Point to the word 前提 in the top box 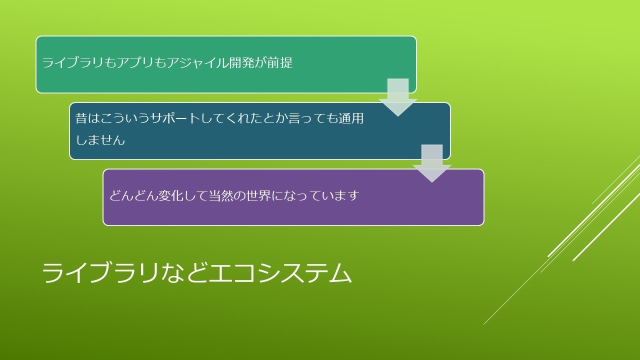(280, 63)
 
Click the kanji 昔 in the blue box (81, 118)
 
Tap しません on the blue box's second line (100, 140)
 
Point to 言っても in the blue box (313, 118)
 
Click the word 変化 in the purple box (171, 195)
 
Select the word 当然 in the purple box (221, 195)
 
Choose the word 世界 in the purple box (258, 195)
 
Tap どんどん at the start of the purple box (133, 195)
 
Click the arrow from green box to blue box (398, 97)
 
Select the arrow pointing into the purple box (432, 163)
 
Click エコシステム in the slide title (279, 273)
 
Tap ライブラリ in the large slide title (100, 273)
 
